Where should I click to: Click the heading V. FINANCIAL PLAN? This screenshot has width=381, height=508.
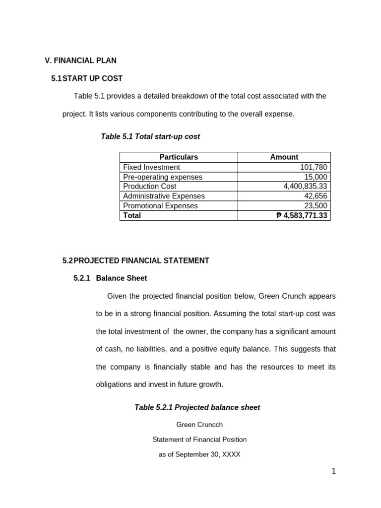click(x=80, y=61)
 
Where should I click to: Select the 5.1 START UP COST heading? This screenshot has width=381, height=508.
click(x=87, y=78)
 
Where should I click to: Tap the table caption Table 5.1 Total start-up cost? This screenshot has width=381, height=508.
click(x=150, y=136)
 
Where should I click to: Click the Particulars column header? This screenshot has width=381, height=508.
click(x=179, y=157)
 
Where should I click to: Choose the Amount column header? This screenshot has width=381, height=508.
click(x=284, y=157)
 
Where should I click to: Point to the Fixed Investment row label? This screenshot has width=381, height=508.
click(x=151, y=167)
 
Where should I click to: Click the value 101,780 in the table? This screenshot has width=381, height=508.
click(x=314, y=167)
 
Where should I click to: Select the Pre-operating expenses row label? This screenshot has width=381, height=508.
click(x=163, y=177)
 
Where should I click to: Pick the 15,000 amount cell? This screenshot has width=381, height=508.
click(x=316, y=177)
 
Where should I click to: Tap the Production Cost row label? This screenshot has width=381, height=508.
click(x=149, y=186)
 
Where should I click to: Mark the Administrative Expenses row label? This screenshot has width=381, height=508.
click(x=164, y=196)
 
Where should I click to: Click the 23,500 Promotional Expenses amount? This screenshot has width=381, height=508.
click(x=316, y=205)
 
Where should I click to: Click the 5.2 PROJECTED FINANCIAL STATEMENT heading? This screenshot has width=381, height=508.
click(x=135, y=260)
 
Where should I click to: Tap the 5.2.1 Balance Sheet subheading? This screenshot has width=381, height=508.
click(x=110, y=278)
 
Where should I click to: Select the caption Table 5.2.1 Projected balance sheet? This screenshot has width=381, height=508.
click(x=197, y=407)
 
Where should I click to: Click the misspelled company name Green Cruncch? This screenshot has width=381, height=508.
click(x=199, y=425)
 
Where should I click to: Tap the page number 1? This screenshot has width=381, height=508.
click(x=334, y=471)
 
